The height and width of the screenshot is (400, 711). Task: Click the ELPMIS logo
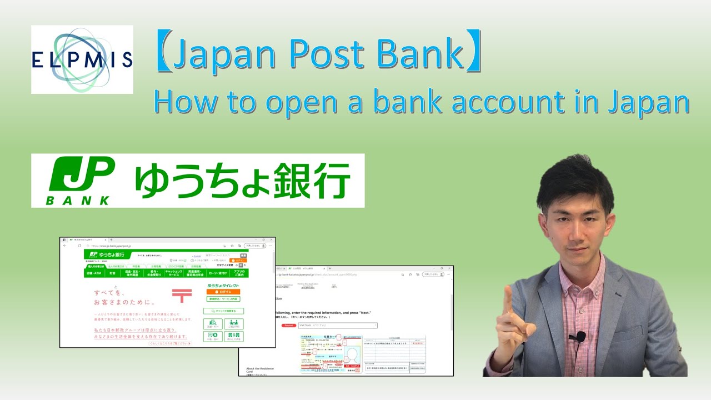point(82,59)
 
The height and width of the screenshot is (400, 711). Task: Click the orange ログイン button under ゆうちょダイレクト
point(223,292)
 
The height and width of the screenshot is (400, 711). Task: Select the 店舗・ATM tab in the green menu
point(94,273)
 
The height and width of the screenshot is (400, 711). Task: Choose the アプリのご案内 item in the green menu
point(239,273)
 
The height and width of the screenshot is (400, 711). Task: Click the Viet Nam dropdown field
point(337,325)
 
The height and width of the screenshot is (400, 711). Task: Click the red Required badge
point(288,325)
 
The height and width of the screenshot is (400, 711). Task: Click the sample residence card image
point(332,354)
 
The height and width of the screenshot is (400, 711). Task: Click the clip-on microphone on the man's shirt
point(581,336)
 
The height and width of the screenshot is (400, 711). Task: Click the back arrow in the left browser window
point(64,245)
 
